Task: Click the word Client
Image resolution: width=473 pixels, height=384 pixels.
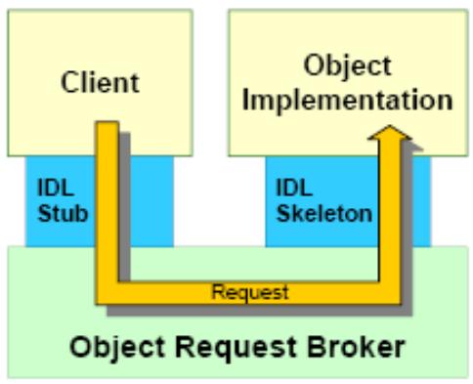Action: [x=100, y=82]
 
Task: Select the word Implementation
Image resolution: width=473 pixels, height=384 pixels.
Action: [x=347, y=101]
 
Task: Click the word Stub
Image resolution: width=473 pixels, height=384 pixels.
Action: [x=63, y=213]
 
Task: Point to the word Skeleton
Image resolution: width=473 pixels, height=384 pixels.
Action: [x=323, y=213]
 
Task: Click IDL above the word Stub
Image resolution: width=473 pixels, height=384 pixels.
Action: [x=56, y=188]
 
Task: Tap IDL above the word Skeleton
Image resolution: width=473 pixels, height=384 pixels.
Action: [x=294, y=188]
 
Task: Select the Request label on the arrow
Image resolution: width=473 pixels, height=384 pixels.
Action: [x=250, y=292]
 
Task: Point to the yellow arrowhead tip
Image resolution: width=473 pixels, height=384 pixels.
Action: [x=390, y=125]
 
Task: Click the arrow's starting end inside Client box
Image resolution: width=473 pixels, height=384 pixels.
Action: [x=107, y=122]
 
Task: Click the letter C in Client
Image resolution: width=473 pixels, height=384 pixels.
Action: [x=69, y=82]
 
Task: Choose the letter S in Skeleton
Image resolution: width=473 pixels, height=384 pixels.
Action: [x=283, y=213]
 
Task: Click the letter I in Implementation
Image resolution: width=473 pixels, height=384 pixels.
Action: [x=245, y=100]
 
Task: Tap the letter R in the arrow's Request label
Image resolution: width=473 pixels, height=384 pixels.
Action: [x=217, y=291]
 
